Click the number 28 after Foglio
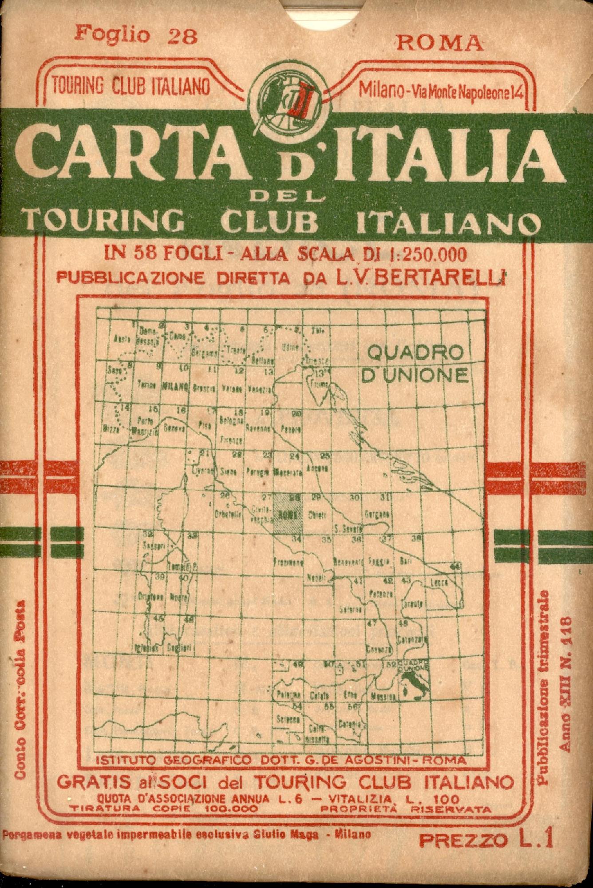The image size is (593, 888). coord(182,36)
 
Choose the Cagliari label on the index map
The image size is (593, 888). coord(180,648)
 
